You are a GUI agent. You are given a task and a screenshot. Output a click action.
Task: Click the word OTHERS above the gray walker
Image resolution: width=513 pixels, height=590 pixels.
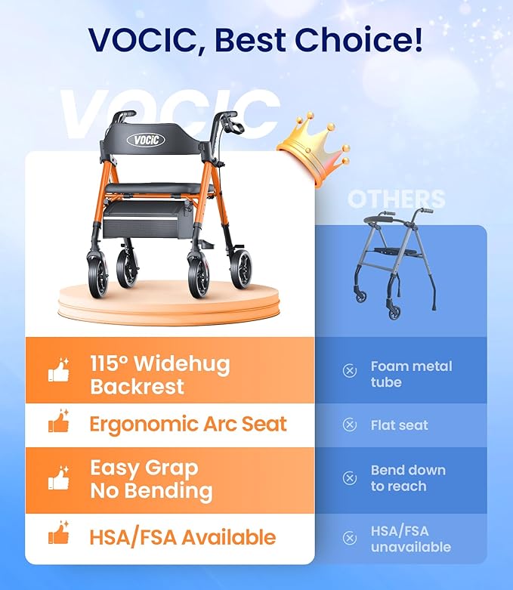[396, 199]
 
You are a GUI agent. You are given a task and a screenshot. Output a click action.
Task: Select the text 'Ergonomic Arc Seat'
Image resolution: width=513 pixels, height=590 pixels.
[188, 424]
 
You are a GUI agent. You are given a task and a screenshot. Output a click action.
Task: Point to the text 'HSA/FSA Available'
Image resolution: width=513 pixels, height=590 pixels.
[182, 537]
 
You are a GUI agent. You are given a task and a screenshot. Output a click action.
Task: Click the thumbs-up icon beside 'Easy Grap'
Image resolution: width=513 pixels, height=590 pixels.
[58, 479]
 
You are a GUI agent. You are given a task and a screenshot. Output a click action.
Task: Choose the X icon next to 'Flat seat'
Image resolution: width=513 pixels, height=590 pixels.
[350, 425]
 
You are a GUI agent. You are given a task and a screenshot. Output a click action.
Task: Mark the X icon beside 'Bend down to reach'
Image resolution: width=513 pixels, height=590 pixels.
[350, 478]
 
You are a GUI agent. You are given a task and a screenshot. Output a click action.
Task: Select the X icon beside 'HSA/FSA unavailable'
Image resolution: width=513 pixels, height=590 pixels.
[350, 538]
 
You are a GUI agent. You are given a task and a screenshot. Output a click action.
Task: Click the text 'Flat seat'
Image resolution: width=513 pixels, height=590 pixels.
[399, 425]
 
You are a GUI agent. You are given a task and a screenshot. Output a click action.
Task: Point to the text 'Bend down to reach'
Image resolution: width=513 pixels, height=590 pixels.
[408, 478]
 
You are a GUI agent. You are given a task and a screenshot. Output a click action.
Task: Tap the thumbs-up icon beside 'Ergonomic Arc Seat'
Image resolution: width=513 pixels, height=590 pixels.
[58, 424]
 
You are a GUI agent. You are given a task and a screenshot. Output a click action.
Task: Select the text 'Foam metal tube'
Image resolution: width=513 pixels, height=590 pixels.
[411, 374]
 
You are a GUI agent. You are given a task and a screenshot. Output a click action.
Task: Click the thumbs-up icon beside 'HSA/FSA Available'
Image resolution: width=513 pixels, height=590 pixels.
[58, 536]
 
